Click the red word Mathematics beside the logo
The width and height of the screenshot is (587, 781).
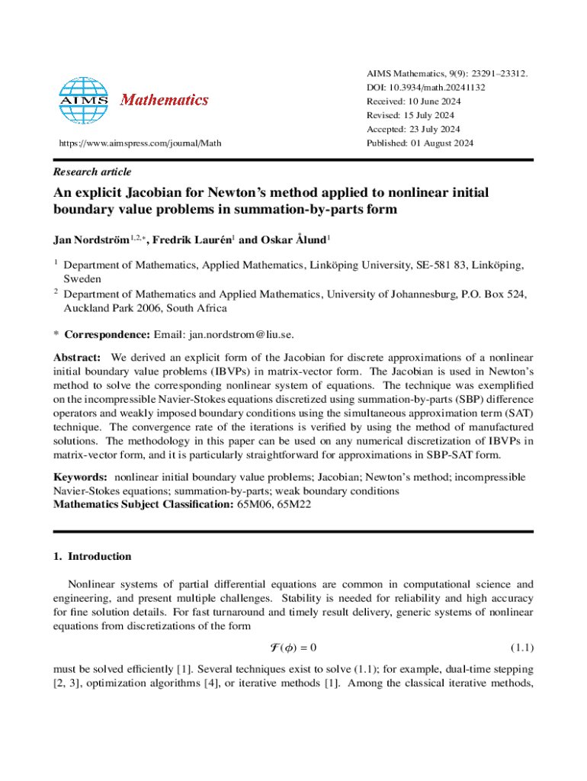(x=165, y=100)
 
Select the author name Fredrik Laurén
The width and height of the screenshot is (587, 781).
(x=194, y=241)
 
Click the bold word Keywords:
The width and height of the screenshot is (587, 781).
(x=79, y=477)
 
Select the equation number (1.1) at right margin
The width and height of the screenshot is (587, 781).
(x=521, y=648)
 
